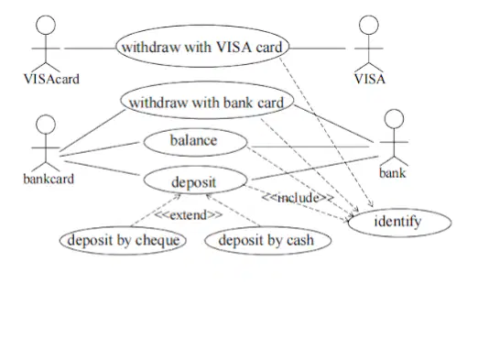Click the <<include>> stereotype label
298,198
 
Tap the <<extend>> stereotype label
189,215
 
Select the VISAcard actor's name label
51,79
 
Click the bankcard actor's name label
49,179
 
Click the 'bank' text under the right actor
393,173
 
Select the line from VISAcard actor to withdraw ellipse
91,49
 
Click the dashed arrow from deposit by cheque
156,210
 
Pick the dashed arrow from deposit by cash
234,210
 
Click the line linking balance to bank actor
310,147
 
